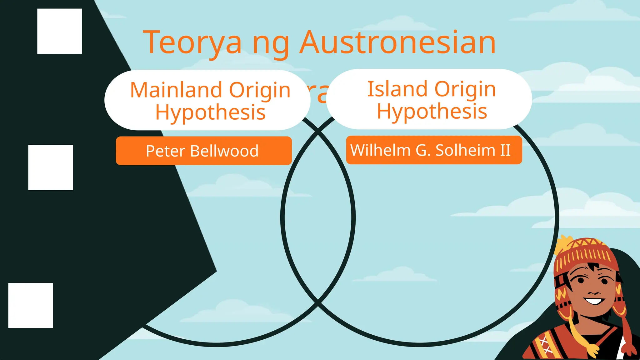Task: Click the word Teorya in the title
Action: point(192,43)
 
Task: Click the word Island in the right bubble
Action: point(397,89)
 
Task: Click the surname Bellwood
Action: point(224,151)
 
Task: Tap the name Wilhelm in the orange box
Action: point(380,150)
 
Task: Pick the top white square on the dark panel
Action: point(59,31)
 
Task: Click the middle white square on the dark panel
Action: point(51,167)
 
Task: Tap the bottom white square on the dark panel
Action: point(31,305)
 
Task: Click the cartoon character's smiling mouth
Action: point(593,301)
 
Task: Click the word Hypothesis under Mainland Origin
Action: point(210,112)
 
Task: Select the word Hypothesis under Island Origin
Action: point(432,111)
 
